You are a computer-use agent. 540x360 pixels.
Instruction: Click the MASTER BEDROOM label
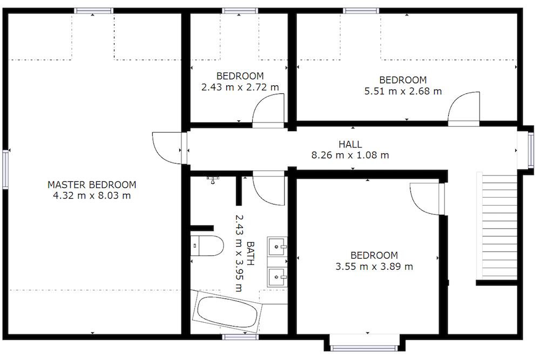point(92,185)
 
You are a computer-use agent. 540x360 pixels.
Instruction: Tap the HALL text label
point(350,145)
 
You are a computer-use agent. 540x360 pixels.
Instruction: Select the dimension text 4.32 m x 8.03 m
point(92,195)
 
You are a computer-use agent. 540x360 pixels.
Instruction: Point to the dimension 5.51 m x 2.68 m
point(403,91)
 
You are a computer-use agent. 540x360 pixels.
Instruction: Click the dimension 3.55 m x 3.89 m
point(374,266)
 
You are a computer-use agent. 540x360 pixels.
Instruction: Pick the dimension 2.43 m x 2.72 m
point(240,87)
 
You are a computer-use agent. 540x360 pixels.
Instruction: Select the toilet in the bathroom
point(207,246)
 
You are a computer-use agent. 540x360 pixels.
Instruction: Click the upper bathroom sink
point(278,247)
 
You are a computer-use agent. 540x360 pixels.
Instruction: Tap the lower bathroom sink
point(278,277)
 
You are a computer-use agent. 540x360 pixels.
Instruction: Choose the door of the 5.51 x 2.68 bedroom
point(463,110)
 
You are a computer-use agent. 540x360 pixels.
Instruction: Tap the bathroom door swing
point(268,189)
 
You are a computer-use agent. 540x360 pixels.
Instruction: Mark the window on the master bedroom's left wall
point(5,169)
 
